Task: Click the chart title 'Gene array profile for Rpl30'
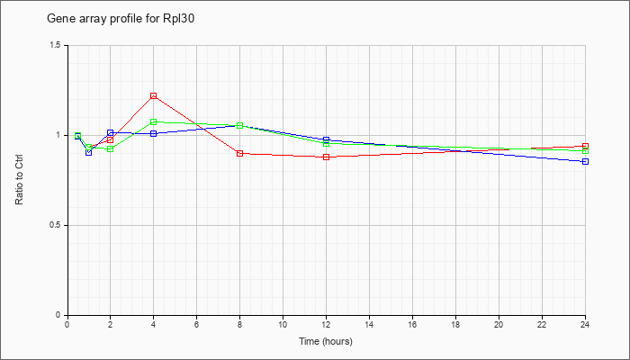(x=121, y=19)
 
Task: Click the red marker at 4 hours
(x=154, y=96)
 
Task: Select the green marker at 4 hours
(x=154, y=121)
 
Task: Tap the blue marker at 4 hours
(x=154, y=133)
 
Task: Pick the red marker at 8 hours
(x=240, y=154)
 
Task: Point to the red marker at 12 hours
(x=326, y=157)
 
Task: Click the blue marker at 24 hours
(x=585, y=161)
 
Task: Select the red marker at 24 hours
(x=585, y=147)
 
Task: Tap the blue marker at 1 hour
(x=89, y=153)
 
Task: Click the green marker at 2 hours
(x=111, y=149)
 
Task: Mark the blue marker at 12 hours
(x=326, y=139)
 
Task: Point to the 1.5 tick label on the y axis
(x=57, y=45)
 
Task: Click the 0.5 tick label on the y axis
(x=57, y=225)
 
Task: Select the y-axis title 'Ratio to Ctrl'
(x=19, y=180)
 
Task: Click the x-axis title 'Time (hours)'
(x=326, y=341)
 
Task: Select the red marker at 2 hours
(x=111, y=139)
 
